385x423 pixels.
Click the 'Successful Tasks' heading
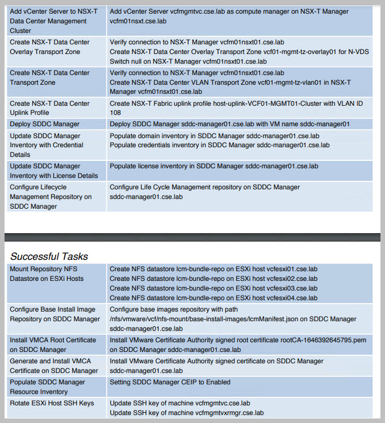click(49, 256)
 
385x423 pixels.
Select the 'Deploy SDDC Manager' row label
click(45, 124)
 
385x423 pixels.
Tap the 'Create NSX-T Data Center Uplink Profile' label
click(49, 108)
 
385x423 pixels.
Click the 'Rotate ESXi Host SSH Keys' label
click(52, 403)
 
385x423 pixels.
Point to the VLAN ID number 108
click(115, 113)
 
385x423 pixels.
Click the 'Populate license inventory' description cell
click(214, 166)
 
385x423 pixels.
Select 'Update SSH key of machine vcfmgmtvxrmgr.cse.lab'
click(186, 413)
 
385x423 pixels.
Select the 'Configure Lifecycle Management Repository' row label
click(51, 197)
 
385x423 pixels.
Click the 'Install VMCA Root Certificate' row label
click(53, 345)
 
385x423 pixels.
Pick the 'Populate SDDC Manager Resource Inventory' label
click(47, 387)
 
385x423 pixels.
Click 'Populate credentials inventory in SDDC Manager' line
click(219, 145)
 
